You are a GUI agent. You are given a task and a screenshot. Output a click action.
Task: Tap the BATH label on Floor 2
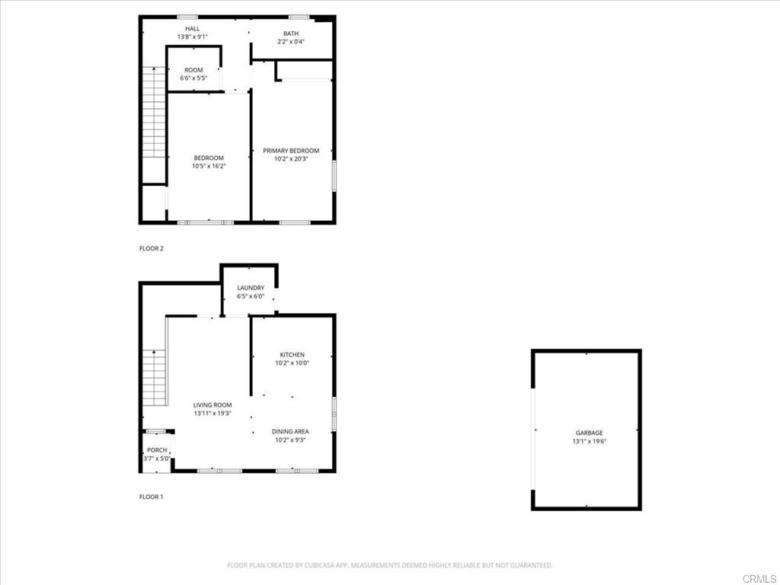coord(291,34)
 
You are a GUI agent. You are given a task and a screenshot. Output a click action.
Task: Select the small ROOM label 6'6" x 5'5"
coord(193,70)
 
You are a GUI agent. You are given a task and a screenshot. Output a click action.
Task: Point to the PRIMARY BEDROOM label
coord(291,151)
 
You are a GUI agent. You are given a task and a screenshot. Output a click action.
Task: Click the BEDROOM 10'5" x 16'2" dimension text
coord(209,165)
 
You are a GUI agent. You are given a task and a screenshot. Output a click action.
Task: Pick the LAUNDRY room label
coord(251,288)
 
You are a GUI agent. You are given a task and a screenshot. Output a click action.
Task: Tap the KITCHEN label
coord(292,355)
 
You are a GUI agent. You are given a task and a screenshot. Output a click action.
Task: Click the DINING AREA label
coord(290,432)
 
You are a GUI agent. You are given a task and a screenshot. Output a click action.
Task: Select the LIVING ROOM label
coord(212,405)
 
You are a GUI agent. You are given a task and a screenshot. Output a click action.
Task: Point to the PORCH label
coord(157,450)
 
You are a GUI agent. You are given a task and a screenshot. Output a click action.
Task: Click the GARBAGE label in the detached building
coord(589,433)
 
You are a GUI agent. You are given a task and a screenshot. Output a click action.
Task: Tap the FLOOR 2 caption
coord(152,248)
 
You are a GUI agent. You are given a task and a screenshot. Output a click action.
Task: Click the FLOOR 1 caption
coord(151,497)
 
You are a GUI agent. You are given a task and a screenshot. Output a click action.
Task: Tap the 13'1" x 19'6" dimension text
coord(589,442)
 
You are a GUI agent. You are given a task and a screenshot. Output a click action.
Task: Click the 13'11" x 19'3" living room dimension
coord(212,414)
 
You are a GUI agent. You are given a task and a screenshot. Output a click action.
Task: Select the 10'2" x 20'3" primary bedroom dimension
coord(291,159)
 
